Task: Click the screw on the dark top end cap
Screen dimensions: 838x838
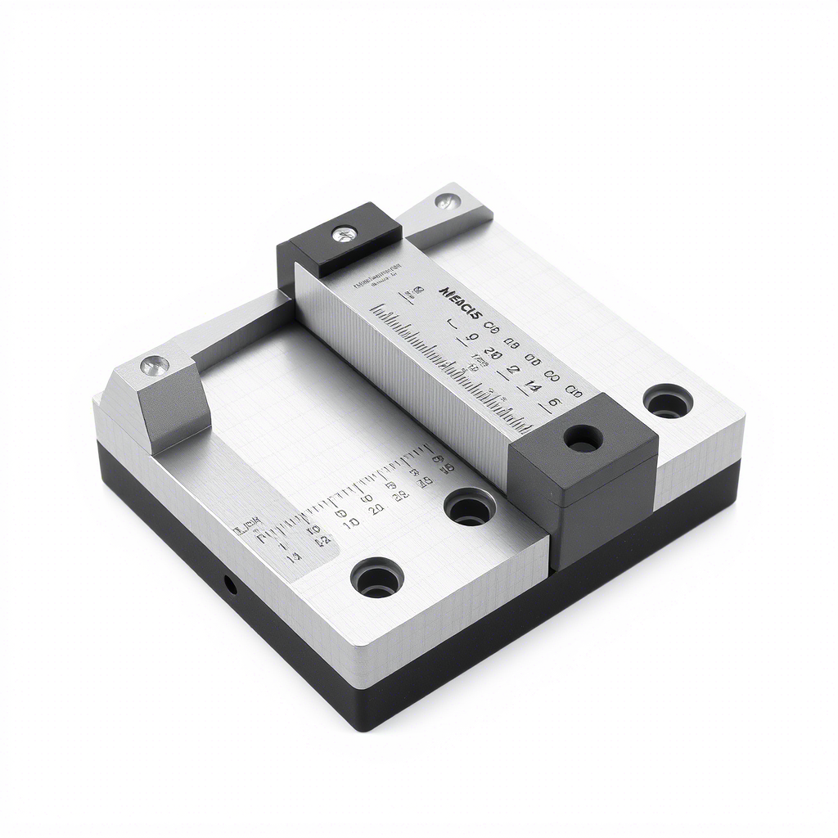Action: (344, 235)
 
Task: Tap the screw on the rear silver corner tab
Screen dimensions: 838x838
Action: (447, 201)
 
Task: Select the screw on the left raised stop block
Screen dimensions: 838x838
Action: (155, 366)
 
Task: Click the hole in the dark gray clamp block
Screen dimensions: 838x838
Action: (583, 439)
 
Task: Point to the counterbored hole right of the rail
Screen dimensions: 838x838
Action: (668, 401)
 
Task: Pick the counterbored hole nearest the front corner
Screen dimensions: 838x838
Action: (377, 578)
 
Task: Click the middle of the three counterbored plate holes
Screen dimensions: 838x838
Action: (470, 507)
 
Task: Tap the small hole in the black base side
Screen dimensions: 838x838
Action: (231, 584)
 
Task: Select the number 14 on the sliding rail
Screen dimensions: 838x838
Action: (532, 387)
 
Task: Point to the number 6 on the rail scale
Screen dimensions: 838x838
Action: (554, 403)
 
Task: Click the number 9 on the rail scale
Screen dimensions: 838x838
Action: (471, 337)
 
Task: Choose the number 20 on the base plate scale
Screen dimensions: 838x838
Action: (376, 509)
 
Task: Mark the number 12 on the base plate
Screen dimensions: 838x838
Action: (322, 540)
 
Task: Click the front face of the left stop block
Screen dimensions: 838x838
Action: (171, 410)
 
